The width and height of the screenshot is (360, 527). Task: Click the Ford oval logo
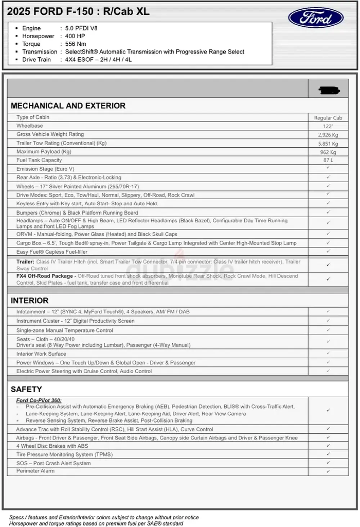point(316,18)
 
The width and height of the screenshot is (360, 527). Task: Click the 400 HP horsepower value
point(75,36)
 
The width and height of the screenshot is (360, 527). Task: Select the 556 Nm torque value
point(76,44)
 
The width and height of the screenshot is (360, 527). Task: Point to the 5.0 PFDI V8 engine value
point(81,28)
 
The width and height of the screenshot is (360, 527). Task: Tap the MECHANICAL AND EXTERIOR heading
point(68,106)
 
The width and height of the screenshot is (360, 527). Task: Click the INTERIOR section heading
point(30,300)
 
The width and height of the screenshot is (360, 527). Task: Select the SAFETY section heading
point(26,389)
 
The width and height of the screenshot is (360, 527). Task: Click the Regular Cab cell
point(328,118)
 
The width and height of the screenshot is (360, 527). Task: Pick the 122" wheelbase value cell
point(328,126)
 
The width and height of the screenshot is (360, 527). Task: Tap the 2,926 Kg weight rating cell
point(328,135)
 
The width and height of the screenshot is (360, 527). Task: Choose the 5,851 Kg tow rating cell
point(328,144)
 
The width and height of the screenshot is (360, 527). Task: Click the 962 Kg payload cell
point(328,152)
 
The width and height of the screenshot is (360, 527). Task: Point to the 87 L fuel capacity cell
point(328,160)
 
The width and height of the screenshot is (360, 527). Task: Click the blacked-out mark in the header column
point(329,90)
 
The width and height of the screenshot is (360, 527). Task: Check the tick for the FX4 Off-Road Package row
point(328,279)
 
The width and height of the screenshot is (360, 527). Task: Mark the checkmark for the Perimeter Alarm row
point(328,471)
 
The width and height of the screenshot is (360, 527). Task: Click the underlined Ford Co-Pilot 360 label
point(39,400)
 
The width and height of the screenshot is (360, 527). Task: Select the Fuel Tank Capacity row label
point(39,160)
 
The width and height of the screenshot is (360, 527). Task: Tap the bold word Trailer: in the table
point(25,262)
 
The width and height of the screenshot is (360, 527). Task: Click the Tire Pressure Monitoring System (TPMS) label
point(64,455)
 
